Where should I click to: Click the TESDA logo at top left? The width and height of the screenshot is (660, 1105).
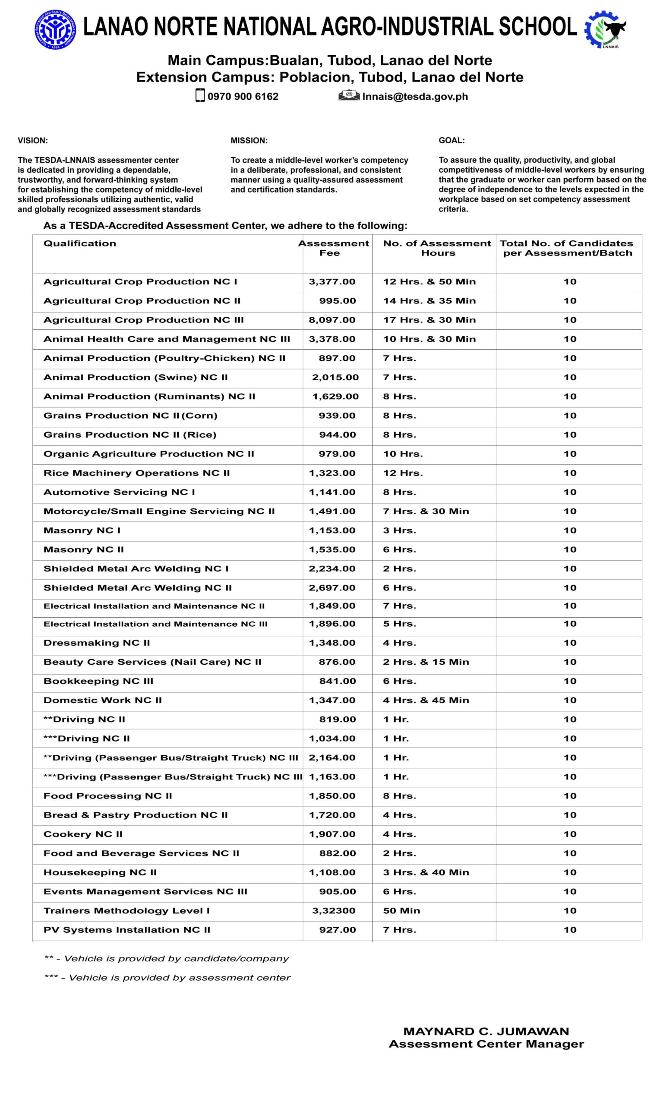pyautogui.click(x=56, y=29)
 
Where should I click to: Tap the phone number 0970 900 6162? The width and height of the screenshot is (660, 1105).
pyautogui.click(x=243, y=97)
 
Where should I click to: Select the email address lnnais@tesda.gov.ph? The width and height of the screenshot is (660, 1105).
pyautogui.click(x=415, y=97)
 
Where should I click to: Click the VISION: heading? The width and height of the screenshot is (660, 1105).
pyautogui.click(x=32, y=141)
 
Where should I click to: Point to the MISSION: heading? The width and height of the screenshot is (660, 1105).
pyautogui.click(x=249, y=141)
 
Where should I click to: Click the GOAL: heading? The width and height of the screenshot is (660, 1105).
pyautogui.click(x=452, y=141)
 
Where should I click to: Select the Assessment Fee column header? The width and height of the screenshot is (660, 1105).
pyautogui.click(x=334, y=248)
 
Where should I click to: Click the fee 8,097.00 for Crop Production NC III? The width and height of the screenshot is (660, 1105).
pyautogui.click(x=332, y=320)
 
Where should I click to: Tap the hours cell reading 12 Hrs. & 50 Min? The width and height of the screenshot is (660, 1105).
pyautogui.click(x=429, y=281)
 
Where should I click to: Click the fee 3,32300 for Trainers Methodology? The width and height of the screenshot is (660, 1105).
pyautogui.click(x=334, y=911)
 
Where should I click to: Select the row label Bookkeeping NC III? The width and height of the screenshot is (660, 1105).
pyautogui.click(x=98, y=681)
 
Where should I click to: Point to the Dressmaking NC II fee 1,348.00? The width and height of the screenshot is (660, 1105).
pyautogui.click(x=332, y=643)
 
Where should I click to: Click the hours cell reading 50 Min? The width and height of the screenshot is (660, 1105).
pyautogui.click(x=401, y=911)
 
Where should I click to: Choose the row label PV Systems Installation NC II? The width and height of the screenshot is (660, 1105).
pyautogui.click(x=127, y=930)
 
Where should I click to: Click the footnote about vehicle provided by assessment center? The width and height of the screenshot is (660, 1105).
pyautogui.click(x=167, y=977)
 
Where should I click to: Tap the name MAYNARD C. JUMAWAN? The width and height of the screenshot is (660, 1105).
pyautogui.click(x=486, y=1031)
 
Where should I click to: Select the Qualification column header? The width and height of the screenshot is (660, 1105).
pyautogui.click(x=79, y=243)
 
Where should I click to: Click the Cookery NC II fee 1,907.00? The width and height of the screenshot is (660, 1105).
pyautogui.click(x=332, y=834)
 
